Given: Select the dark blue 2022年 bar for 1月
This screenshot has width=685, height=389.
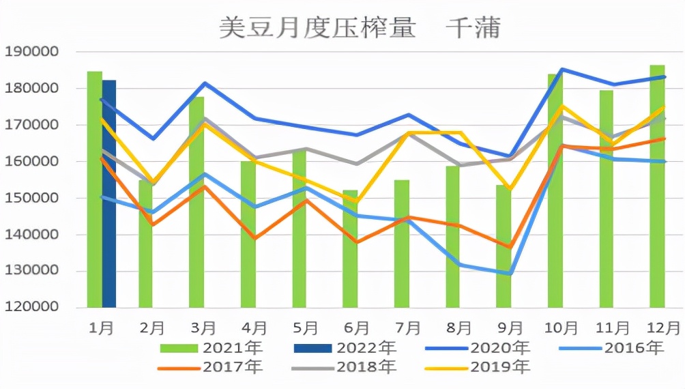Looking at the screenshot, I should coord(109,194).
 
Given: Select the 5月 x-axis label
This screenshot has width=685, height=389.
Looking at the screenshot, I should coord(305,328).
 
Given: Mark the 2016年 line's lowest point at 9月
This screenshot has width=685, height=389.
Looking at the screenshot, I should coord(509,274).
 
